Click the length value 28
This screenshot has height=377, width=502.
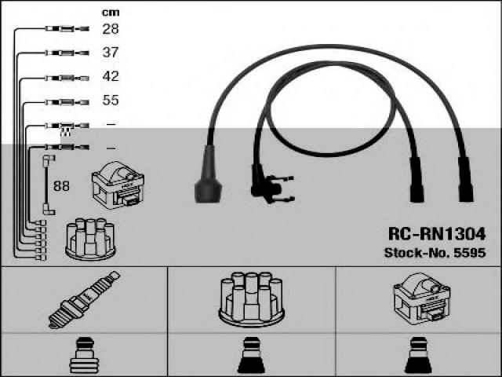[x=111, y=29]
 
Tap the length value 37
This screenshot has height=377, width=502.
[x=111, y=53]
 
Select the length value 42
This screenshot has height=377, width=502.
[x=111, y=77]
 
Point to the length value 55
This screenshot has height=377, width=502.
[x=111, y=101]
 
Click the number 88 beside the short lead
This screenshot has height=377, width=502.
[x=61, y=185]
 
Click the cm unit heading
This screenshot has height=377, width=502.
[x=110, y=12]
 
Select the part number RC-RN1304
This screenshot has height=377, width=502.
[x=437, y=234]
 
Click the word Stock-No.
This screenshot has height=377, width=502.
[x=417, y=253]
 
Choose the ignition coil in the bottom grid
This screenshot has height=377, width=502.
[x=420, y=299]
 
